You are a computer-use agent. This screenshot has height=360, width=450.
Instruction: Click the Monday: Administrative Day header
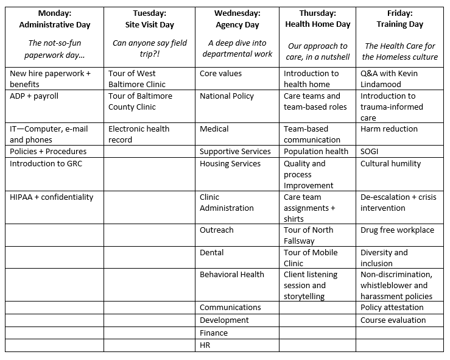point(54,19)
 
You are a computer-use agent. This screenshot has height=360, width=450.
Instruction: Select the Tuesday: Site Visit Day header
point(149,19)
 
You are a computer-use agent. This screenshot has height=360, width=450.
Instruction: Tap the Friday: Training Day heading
point(401,19)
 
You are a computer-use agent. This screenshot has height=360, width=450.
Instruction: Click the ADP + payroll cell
point(34,96)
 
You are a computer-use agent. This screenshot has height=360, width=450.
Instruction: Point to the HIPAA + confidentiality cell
point(52,197)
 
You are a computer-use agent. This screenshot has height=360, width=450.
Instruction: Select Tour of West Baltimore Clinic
point(140,79)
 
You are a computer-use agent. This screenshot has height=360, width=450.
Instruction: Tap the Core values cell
point(220,74)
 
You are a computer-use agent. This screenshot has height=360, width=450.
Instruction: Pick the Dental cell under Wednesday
point(211,253)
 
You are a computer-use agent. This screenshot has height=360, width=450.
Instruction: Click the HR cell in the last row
point(206,345)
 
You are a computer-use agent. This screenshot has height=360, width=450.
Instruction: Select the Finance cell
point(213,333)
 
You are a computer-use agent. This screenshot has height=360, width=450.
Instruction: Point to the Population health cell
point(316,152)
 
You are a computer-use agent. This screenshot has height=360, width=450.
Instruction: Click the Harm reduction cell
point(388,129)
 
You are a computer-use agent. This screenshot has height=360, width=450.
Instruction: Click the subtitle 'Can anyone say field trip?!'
point(149,49)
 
